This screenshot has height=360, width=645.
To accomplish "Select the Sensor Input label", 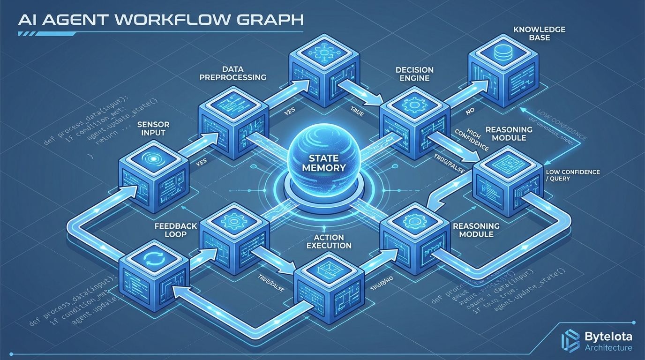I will click(153, 129).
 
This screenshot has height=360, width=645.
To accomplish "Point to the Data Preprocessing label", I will click(232, 73).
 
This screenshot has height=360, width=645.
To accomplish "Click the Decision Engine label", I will click(414, 74).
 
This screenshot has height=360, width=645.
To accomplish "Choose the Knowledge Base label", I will click(532, 33).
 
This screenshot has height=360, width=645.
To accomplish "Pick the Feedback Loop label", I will click(176, 230).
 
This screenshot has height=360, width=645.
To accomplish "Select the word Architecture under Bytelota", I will click(608, 347).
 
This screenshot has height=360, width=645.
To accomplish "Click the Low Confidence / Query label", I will click(572, 175).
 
